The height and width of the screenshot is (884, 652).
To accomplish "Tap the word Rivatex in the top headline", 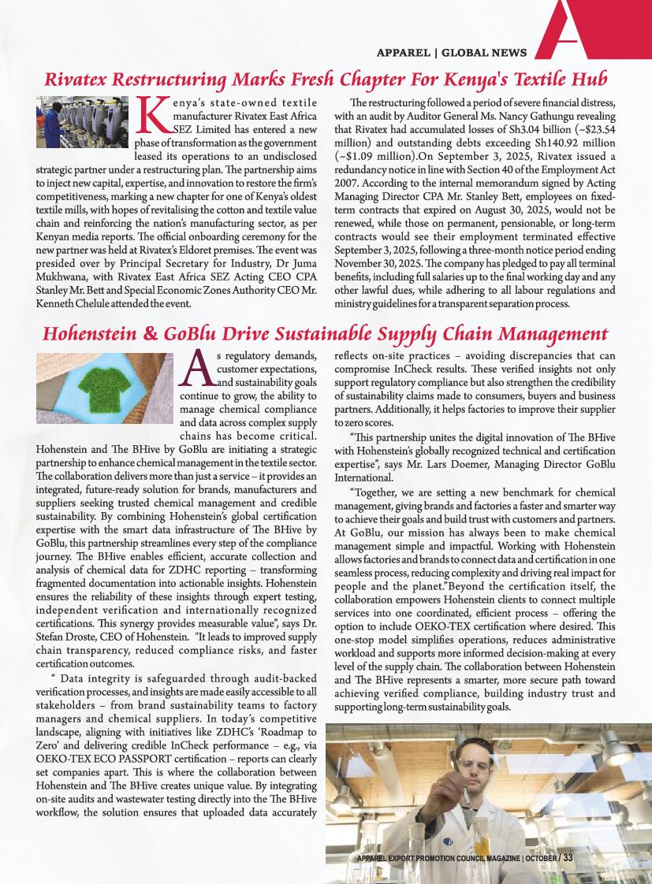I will coord(77,80).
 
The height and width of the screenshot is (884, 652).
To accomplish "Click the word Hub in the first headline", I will coord(588,80).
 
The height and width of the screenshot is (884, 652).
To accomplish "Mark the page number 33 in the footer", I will coord(568,857).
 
